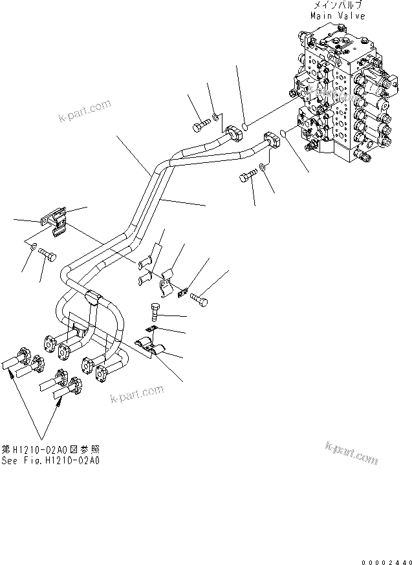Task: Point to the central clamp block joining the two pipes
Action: [x=94, y=297]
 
